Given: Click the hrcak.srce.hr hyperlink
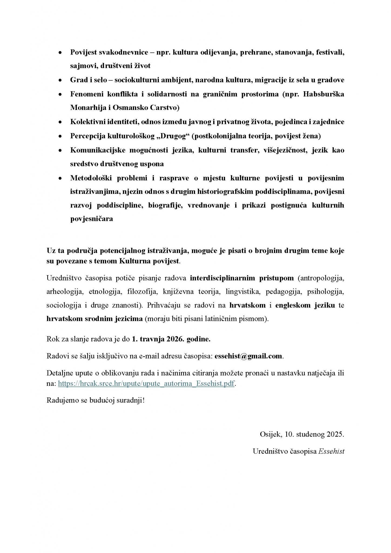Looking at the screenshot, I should (146, 384).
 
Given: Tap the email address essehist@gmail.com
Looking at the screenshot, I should (248, 356).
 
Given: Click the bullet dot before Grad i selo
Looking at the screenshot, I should (60, 80).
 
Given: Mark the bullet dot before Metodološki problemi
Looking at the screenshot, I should (60, 178).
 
